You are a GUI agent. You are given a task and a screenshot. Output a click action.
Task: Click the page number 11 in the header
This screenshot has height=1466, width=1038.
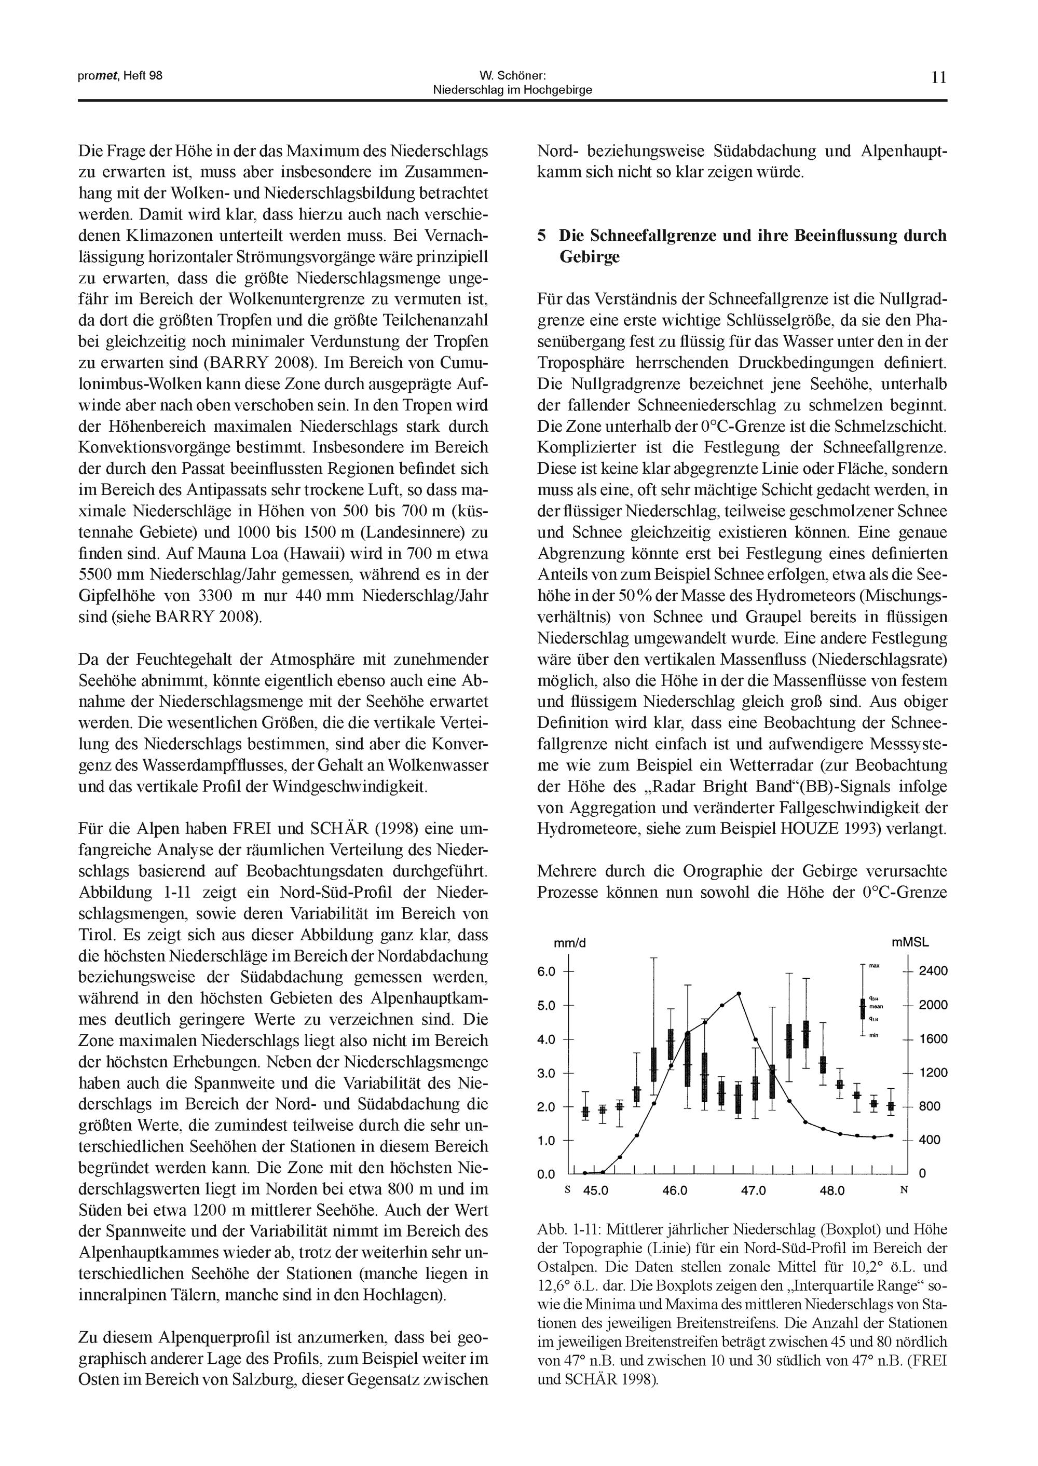pyautogui.click(x=938, y=78)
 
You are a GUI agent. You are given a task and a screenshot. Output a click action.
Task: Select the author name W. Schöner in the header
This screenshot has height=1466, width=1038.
pyautogui.click(x=512, y=75)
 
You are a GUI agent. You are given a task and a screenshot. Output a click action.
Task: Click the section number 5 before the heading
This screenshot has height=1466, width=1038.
pyautogui.click(x=542, y=236)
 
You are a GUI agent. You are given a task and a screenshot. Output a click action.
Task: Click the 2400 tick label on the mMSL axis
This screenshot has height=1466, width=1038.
pyautogui.click(x=933, y=971)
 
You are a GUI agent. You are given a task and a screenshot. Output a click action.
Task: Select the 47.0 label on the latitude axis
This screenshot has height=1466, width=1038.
pyautogui.click(x=753, y=1190)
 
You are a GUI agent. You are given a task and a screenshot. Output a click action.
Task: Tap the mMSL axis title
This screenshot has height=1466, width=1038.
pyautogui.click(x=910, y=942)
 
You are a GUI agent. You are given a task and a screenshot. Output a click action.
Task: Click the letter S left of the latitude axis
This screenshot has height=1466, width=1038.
pyautogui.click(x=567, y=1190)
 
